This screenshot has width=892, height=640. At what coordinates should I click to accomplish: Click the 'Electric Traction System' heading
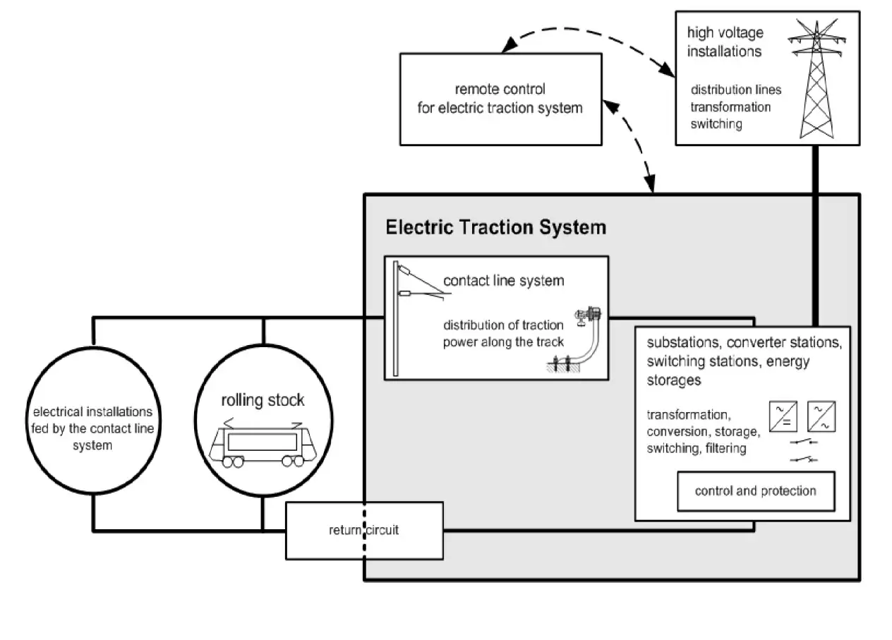(x=495, y=227)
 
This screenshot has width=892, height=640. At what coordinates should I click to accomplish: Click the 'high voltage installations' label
(x=725, y=42)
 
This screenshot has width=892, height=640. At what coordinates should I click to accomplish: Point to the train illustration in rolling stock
(x=263, y=444)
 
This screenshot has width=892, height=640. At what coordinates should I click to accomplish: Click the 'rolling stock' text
(x=263, y=400)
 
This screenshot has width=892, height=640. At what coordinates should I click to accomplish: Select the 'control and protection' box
(x=755, y=491)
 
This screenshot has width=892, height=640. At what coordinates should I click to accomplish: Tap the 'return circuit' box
(x=364, y=530)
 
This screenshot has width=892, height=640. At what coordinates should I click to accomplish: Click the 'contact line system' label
(x=503, y=281)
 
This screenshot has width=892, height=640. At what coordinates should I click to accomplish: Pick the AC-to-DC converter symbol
(x=783, y=416)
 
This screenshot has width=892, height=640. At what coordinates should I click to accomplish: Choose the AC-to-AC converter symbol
(x=822, y=416)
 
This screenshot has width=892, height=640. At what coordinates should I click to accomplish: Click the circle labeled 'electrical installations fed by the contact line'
(x=92, y=427)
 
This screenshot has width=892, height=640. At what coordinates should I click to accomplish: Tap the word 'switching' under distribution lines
(x=716, y=123)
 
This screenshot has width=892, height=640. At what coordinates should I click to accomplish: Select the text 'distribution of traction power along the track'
(x=503, y=334)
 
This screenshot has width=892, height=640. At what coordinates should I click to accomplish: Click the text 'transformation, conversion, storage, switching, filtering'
(x=697, y=431)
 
